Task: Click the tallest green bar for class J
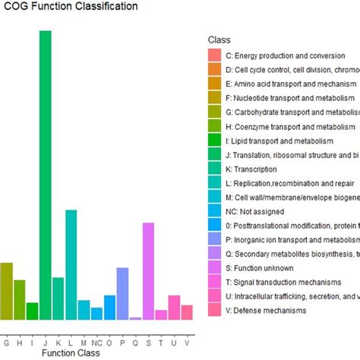(45, 175)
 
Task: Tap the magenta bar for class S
(148, 270)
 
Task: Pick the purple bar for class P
(122, 293)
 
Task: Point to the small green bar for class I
(32, 311)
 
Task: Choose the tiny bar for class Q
(135, 318)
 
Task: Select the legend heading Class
(219, 39)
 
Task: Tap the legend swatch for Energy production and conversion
(215, 55)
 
